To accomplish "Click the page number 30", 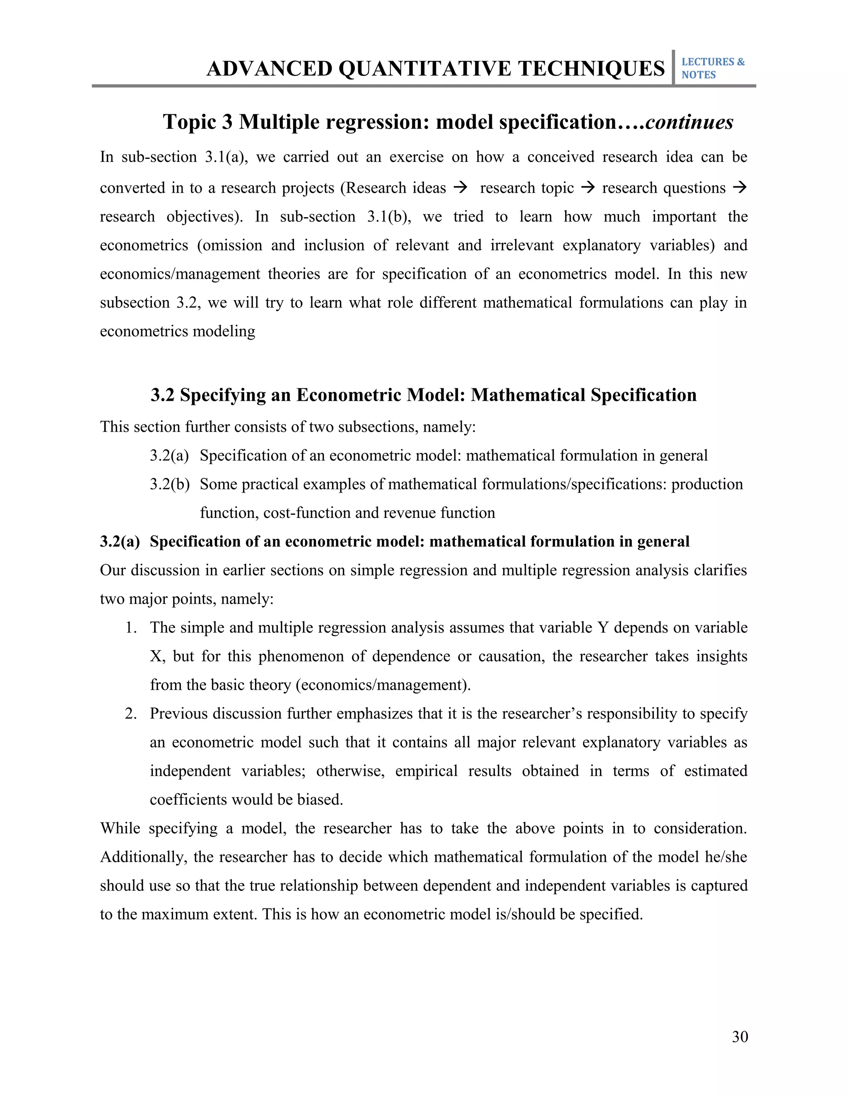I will click(740, 1037).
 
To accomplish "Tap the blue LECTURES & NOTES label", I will click(712, 68).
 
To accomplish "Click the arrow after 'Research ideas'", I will click(460, 188).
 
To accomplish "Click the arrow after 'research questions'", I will click(740, 188).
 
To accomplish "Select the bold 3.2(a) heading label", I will click(120, 541).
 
